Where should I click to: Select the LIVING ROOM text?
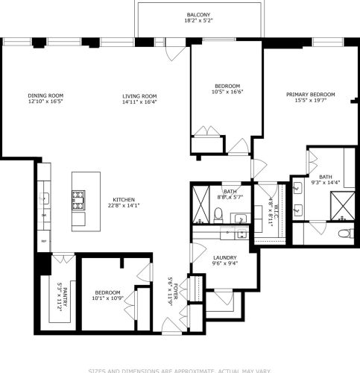[139, 95]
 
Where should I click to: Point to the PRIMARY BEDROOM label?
[311, 95]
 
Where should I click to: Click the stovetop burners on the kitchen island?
[78, 198]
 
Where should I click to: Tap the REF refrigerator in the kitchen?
[43, 242]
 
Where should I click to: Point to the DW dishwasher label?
[43, 216]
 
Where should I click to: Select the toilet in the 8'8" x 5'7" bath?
[217, 215]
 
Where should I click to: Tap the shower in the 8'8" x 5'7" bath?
[200, 205]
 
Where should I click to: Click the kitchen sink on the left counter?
[44, 198]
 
